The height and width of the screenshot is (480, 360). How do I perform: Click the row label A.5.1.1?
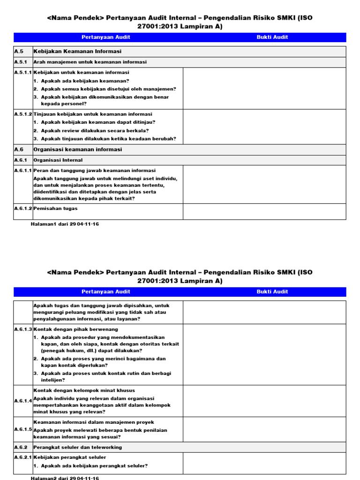tap(23, 73)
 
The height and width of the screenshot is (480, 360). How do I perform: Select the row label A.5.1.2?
tap(23, 114)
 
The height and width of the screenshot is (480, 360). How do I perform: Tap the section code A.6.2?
tap(21, 447)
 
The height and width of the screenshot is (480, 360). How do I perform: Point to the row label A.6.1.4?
tap(23, 401)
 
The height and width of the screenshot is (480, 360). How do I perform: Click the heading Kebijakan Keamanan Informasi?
tap(77, 51)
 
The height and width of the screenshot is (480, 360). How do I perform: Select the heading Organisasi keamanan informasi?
tap(78, 150)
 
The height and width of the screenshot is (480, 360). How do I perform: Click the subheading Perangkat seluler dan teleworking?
tap(77, 447)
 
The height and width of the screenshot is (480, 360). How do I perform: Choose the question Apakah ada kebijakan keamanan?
tap(85, 81)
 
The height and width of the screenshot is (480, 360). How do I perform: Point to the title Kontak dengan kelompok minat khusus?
tap(84, 390)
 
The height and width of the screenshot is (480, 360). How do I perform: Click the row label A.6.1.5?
tap(23, 429)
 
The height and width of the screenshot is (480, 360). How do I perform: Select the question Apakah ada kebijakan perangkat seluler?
tap(94, 466)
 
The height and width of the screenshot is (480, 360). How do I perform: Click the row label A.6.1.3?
tap(23, 329)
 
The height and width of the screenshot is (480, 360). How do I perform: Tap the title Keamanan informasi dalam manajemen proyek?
tap(94, 422)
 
